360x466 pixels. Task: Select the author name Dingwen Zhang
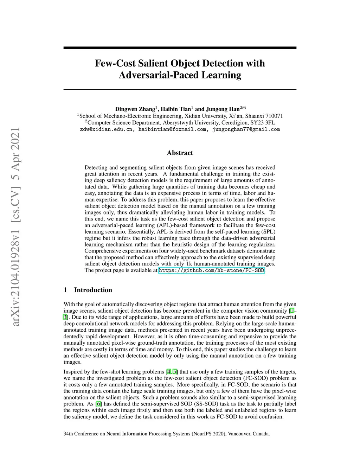135,109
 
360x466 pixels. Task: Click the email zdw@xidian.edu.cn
106,129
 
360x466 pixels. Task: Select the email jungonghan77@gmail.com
246,129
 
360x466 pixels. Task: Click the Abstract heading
180,153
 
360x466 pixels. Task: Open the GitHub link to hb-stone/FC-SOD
211,270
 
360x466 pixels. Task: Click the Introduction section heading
93,290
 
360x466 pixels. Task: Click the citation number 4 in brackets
168,372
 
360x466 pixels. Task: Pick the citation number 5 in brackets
175,372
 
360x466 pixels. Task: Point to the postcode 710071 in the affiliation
274,116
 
